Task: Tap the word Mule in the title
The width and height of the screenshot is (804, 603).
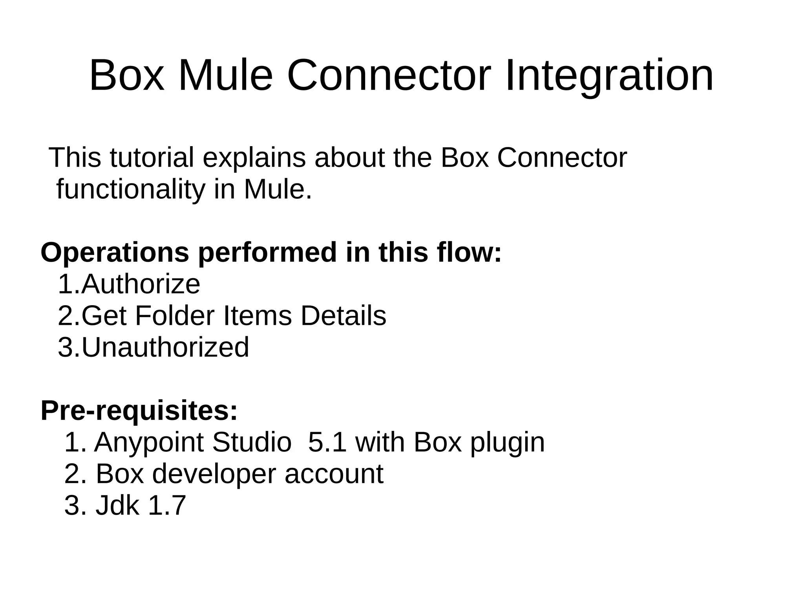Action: pyautogui.click(x=225, y=75)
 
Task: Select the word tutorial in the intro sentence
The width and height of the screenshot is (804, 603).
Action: pyautogui.click(x=152, y=158)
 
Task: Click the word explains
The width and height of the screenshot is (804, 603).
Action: pyautogui.click(x=254, y=158)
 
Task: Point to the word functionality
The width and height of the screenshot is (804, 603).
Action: pyautogui.click(x=131, y=190)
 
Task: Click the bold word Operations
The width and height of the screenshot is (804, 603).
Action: pyautogui.click(x=115, y=253)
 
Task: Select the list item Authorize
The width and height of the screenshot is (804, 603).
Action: pyautogui.click(x=141, y=284)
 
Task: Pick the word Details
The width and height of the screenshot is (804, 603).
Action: pyautogui.click(x=343, y=316)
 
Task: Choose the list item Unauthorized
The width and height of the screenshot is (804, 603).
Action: pyautogui.click(x=165, y=348)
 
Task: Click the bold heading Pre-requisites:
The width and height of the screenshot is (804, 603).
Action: pyautogui.click(x=139, y=411)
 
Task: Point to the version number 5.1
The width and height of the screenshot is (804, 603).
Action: pyautogui.click(x=327, y=443)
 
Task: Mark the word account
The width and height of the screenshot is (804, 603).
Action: pyautogui.click(x=334, y=474)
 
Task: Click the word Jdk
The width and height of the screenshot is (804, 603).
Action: pyautogui.click(x=117, y=506)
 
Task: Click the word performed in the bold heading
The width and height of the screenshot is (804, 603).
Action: pyautogui.click(x=267, y=253)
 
